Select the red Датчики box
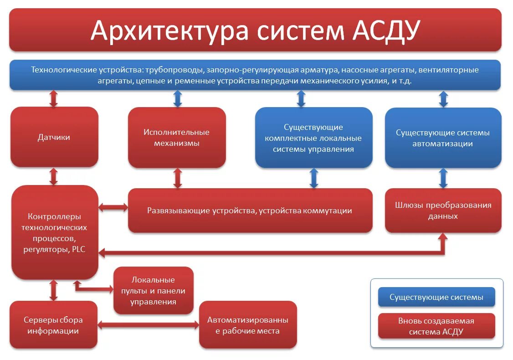coord(54,137)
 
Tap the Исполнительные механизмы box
coord(177,138)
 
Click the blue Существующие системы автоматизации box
coord(443,138)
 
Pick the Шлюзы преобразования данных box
coord(443,211)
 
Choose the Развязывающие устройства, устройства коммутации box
coord(250,211)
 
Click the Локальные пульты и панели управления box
coord(153,290)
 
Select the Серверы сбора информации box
coord(53,325)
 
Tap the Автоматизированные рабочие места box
coord(248,325)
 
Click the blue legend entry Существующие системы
coord(436,297)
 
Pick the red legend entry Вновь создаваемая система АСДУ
coord(436,326)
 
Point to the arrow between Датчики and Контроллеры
coord(54,176)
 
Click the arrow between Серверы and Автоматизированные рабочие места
coord(148,325)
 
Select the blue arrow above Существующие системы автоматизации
coord(443,98)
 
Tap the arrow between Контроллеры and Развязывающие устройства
coord(113,208)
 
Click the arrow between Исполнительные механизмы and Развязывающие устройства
coord(178,178)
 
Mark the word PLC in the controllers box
coord(78,249)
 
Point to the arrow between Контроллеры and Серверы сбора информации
coord(54,290)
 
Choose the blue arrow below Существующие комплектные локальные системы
coord(313,178)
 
